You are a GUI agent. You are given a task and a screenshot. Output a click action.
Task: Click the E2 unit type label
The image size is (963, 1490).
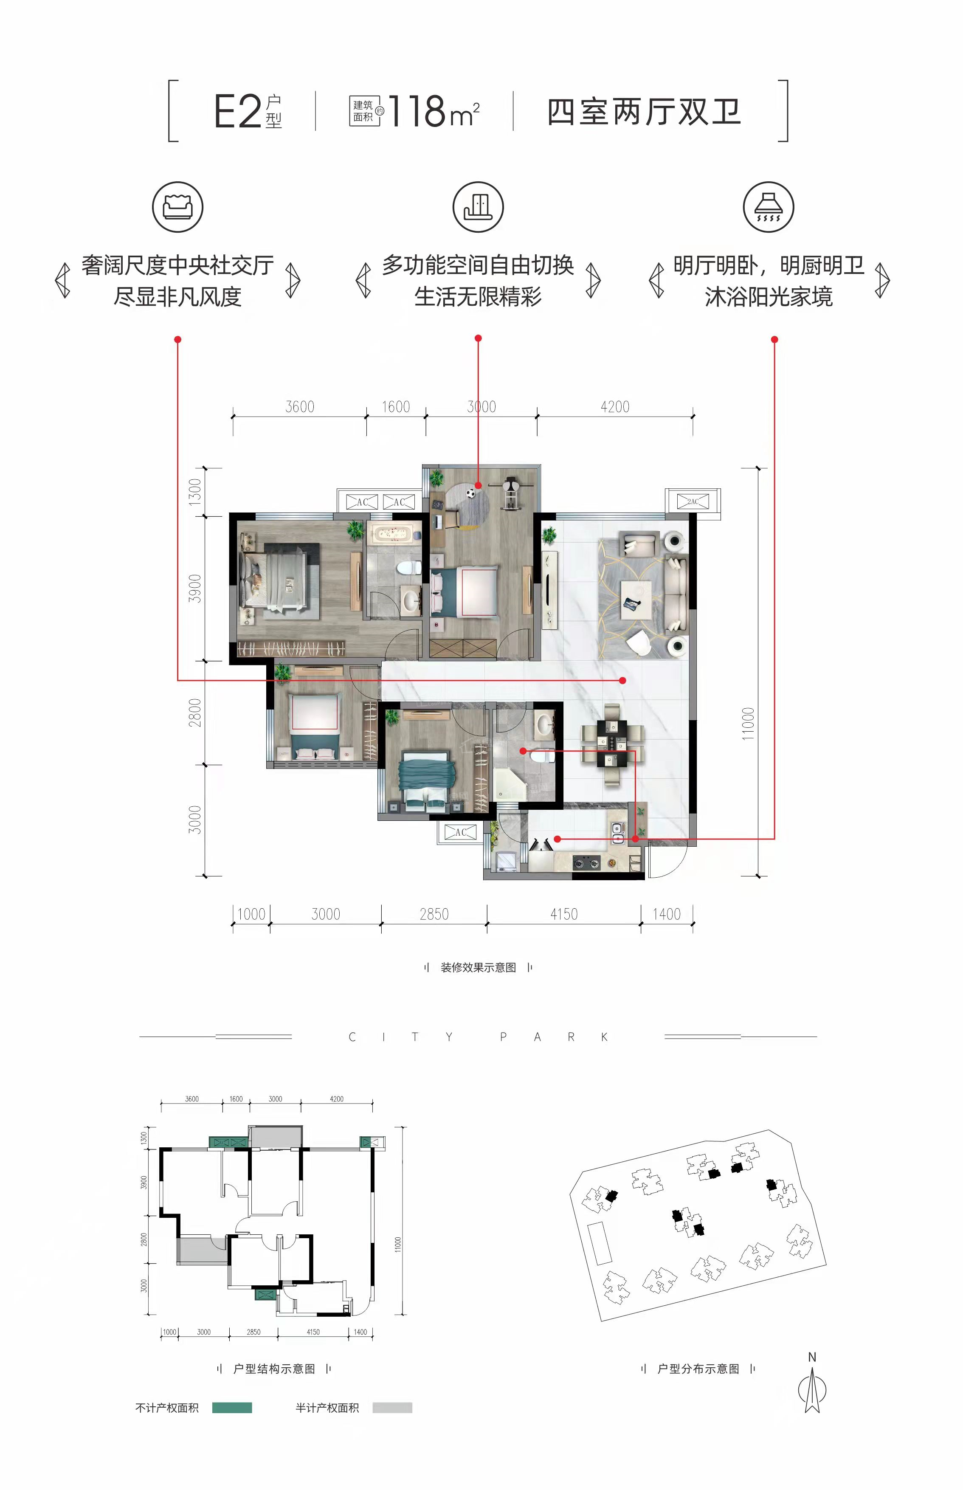pos(238,112)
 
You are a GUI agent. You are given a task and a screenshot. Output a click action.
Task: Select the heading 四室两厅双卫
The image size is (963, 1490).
pos(644,112)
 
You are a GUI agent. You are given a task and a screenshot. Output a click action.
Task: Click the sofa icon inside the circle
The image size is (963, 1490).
pos(177,207)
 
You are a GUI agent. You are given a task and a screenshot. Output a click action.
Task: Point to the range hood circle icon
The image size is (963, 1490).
pos(769,207)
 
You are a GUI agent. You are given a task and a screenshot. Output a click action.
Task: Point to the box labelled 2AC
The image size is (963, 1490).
pos(693,501)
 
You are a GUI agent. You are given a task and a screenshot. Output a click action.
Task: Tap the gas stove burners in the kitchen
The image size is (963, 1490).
pos(586,864)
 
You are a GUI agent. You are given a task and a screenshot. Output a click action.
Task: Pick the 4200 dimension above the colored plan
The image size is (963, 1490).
pos(615,407)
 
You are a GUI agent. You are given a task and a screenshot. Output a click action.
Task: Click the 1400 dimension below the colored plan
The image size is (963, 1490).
pos(667,914)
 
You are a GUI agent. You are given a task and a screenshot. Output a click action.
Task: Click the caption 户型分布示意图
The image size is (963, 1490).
pos(698,1369)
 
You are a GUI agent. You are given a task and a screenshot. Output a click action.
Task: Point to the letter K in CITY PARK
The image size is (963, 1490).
pos(604,1037)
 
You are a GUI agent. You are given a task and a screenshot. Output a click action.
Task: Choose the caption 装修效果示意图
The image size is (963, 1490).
pos(479,967)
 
